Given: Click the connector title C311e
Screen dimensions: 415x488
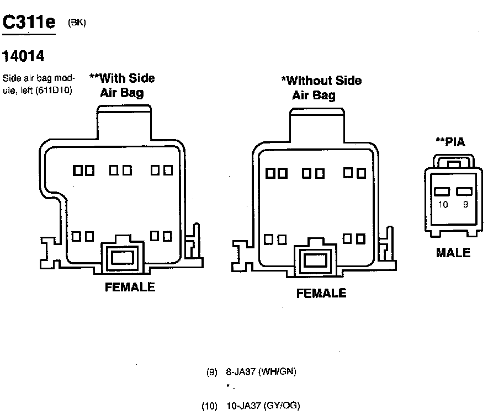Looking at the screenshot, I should point(29,22).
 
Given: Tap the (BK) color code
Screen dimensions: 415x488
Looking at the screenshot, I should point(77,23).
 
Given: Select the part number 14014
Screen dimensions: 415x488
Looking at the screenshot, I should point(24,56).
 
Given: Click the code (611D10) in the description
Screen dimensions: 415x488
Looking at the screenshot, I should point(54,89).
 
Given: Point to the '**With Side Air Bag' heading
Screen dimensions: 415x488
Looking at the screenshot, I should point(122,85).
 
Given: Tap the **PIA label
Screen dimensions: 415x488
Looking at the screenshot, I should point(450,142).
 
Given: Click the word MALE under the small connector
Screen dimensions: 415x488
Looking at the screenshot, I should point(453,253).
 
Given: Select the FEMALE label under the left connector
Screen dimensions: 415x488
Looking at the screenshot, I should point(130,287).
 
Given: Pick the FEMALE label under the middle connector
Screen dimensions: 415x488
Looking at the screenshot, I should point(321,294).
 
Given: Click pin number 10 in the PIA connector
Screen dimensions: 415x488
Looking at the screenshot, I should point(443,205).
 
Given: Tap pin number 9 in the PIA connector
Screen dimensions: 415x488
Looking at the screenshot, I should point(465,205).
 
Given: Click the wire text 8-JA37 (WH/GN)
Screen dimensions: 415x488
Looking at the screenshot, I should point(261,372).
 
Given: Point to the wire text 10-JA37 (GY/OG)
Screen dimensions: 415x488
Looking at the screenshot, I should point(263,406).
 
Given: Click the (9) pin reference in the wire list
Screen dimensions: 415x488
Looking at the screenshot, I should point(212,372).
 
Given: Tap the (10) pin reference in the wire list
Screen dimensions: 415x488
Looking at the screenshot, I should point(210,406).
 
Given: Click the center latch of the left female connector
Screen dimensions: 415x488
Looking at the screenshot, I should point(121,257).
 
